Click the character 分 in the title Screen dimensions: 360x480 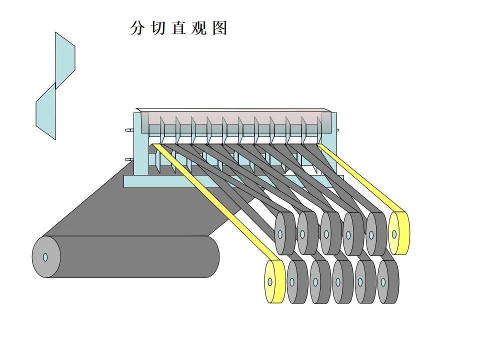(136, 28)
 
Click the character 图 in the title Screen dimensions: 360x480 (219, 28)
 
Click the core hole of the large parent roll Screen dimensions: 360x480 (45, 257)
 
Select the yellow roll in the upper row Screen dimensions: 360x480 (398, 233)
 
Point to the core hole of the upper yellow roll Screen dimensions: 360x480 (394, 233)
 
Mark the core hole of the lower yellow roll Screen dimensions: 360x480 (270, 282)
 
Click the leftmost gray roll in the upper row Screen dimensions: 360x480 (285, 233)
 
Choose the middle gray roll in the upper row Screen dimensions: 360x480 (330, 233)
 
